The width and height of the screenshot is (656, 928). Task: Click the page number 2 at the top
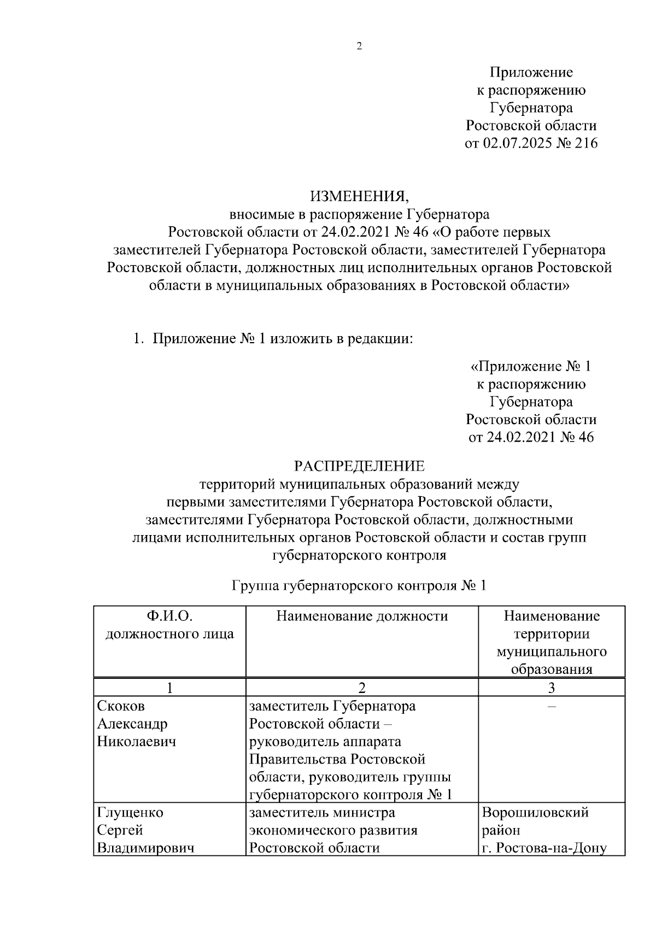[359, 46]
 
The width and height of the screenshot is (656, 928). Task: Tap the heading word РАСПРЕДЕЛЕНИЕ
[359, 466]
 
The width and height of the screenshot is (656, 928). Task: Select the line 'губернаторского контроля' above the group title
[359, 555]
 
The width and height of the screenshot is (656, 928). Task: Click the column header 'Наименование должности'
[362, 616]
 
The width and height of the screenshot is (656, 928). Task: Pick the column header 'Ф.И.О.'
[169, 616]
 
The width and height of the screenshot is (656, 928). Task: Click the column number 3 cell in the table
[551, 688]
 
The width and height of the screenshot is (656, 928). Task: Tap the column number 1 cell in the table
[169, 688]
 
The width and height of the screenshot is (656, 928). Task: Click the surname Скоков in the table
[121, 706]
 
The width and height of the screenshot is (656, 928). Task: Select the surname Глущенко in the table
[130, 813]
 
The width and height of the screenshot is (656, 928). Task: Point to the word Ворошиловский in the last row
[535, 813]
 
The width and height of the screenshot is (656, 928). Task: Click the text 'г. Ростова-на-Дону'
[544, 848]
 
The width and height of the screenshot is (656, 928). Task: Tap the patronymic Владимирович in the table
[145, 848]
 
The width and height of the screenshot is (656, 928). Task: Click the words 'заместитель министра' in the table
[321, 813]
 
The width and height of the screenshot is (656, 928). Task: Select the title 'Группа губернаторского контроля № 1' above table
[359, 586]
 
